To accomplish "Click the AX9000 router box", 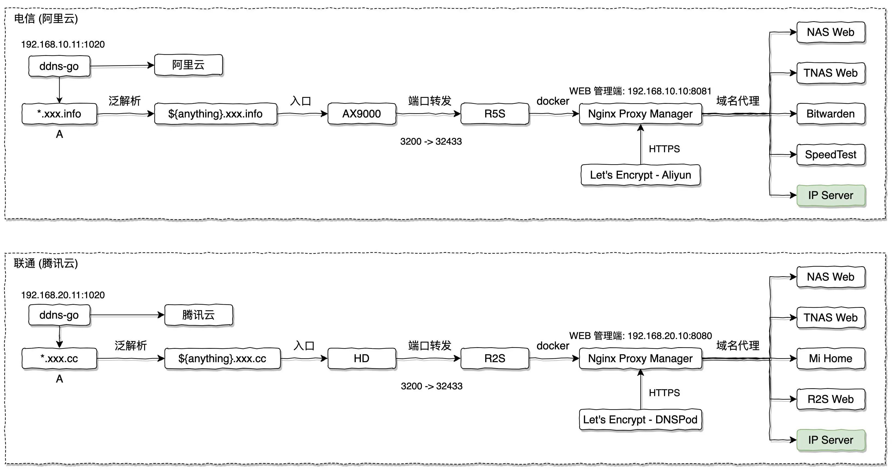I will [362, 114].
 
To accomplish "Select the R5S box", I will [495, 114].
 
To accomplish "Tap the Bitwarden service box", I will [831, 114].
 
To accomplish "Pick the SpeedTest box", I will [831, 154].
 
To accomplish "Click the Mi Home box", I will [831, 358].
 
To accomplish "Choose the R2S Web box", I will [831, 399].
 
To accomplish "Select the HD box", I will [362, 358].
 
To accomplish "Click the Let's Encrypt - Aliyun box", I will [640, 175].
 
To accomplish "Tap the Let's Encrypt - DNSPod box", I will [640, 420].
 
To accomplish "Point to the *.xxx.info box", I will [59, 114].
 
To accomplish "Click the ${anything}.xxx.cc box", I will [222, 358].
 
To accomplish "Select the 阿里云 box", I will [188, 65].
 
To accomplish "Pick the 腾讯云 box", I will [198, 315].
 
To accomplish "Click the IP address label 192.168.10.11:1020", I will [63, 44].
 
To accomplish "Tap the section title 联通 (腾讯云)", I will [46, 263].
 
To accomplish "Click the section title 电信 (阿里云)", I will [46, 19].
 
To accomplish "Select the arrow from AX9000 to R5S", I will [428, 114].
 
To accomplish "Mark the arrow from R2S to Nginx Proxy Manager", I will [554, 358].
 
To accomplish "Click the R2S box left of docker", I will [495, 358].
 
